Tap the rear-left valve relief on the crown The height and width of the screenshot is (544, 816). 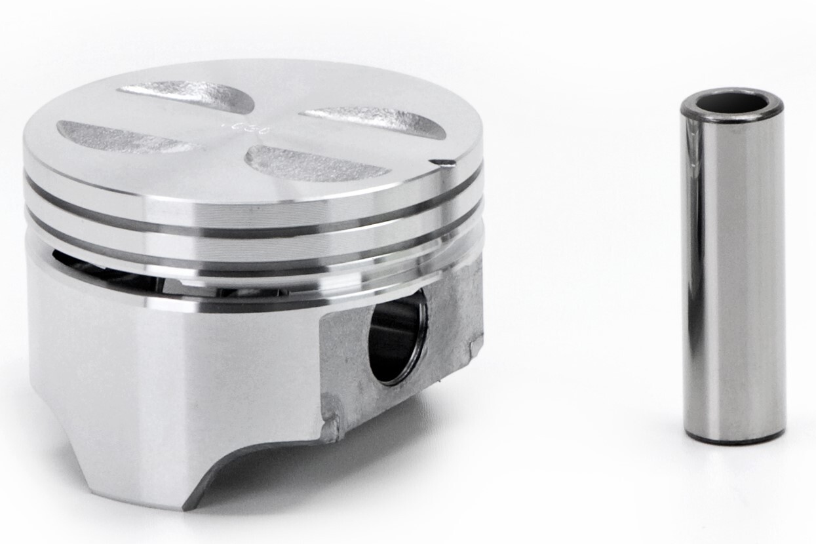point(187,96)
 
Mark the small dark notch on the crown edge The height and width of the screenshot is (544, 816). point(443,162)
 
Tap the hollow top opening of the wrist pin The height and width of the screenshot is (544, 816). point(731,103)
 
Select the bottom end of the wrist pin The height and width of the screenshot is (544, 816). point(733,437)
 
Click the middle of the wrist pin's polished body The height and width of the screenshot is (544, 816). point(734,275)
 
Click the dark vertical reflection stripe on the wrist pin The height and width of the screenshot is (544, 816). point(693,275)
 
